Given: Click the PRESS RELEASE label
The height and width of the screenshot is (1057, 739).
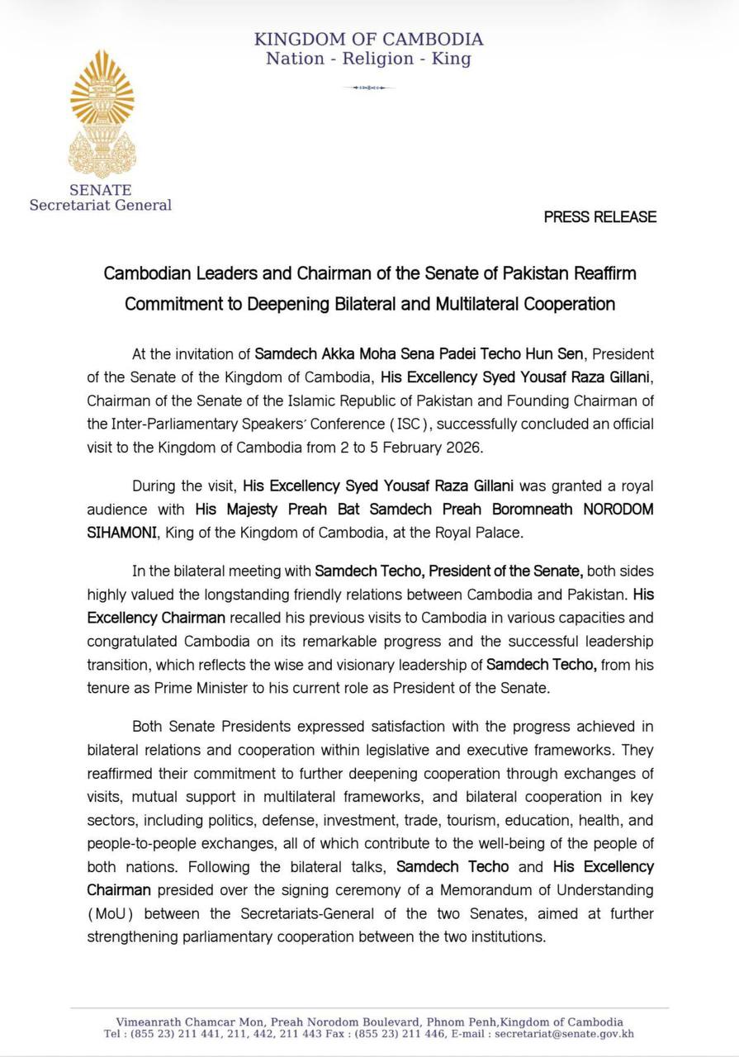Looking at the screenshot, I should tap(600, 217).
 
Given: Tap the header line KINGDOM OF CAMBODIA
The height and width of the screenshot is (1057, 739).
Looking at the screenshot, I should tap(368, 39).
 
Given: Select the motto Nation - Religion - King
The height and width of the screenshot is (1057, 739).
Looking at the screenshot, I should tap(368, 59).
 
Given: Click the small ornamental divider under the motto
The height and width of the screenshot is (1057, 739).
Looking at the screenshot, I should tap(368, 87).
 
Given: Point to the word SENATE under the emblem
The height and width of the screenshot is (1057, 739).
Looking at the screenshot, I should tap(101, 190).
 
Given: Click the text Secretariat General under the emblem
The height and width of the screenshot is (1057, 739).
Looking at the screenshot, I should tap(101, 206).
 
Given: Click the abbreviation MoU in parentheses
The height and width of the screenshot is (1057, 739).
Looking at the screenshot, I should tap(111, 914).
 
